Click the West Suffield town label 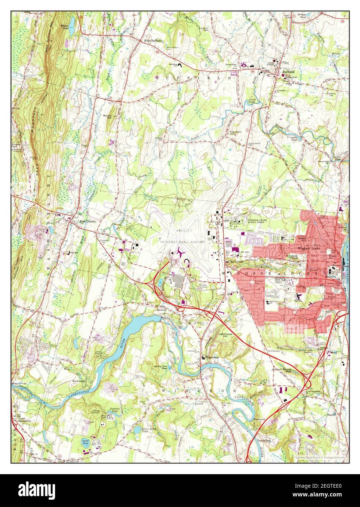tap(152, 41)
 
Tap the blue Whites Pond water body tap(72, 23)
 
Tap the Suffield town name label tap(288, 72)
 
